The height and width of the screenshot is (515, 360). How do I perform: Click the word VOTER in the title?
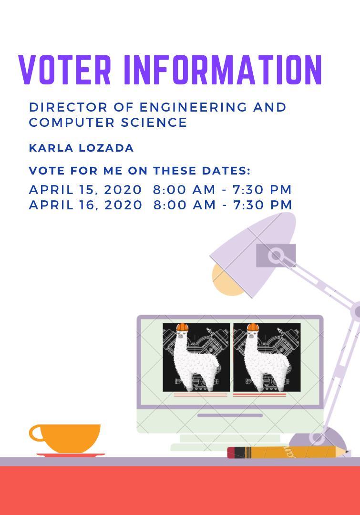click(x=65, y=70)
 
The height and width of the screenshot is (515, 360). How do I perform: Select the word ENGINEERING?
click(x=193, y=107)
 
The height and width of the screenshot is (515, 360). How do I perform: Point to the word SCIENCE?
click(x=154, y=123)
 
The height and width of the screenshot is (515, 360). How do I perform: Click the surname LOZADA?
click(x=106, y=148)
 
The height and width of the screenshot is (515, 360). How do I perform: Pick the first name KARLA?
click(x=51, y=148)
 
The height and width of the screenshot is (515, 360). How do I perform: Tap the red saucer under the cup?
click(x=71, y=455)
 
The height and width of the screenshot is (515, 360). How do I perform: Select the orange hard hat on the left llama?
click(x=182, y=327)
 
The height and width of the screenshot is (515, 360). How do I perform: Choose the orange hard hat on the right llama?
click(x=253, y=327)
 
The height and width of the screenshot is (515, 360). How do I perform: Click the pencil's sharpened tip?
click(x=347, y=452)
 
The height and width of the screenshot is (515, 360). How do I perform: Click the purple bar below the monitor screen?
click(x=230, y=415)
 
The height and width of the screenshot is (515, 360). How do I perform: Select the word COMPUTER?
click(x=72, y=123)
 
